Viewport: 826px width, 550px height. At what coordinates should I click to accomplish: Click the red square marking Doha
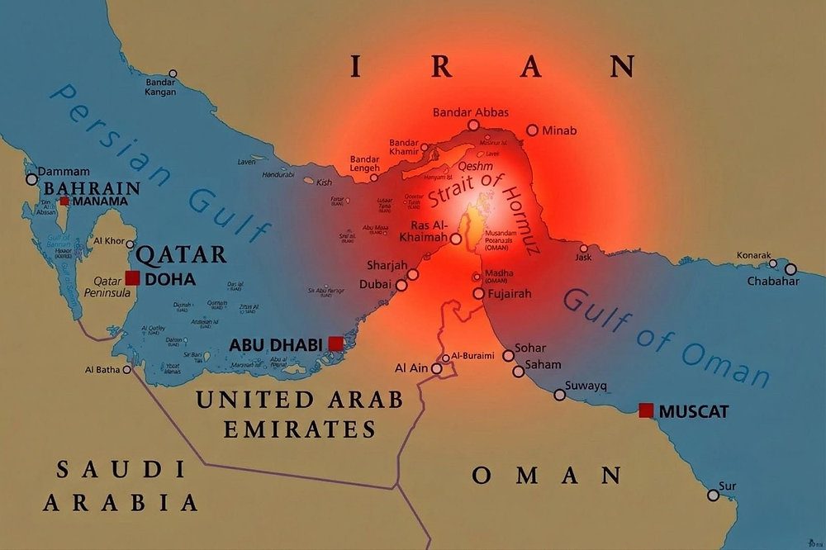point(132,278)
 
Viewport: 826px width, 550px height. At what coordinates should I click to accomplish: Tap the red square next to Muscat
point(646,410)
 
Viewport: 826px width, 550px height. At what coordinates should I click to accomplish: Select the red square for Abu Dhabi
point(335,344)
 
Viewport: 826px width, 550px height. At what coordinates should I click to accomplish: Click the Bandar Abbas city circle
point(473,125)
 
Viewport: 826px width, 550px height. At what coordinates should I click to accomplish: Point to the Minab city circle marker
point(532,130)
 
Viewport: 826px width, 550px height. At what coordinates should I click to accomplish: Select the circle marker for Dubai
point(401,285)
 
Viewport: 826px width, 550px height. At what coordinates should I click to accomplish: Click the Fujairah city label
point(509,293)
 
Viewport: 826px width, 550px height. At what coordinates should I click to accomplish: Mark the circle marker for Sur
point(713,495)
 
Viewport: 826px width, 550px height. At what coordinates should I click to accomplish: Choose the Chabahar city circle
point(790,269)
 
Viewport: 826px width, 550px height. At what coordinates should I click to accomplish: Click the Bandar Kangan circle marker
point(172,73)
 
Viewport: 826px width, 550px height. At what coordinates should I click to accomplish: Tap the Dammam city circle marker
point(32,178)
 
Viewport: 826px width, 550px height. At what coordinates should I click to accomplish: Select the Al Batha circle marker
point(127,370)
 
